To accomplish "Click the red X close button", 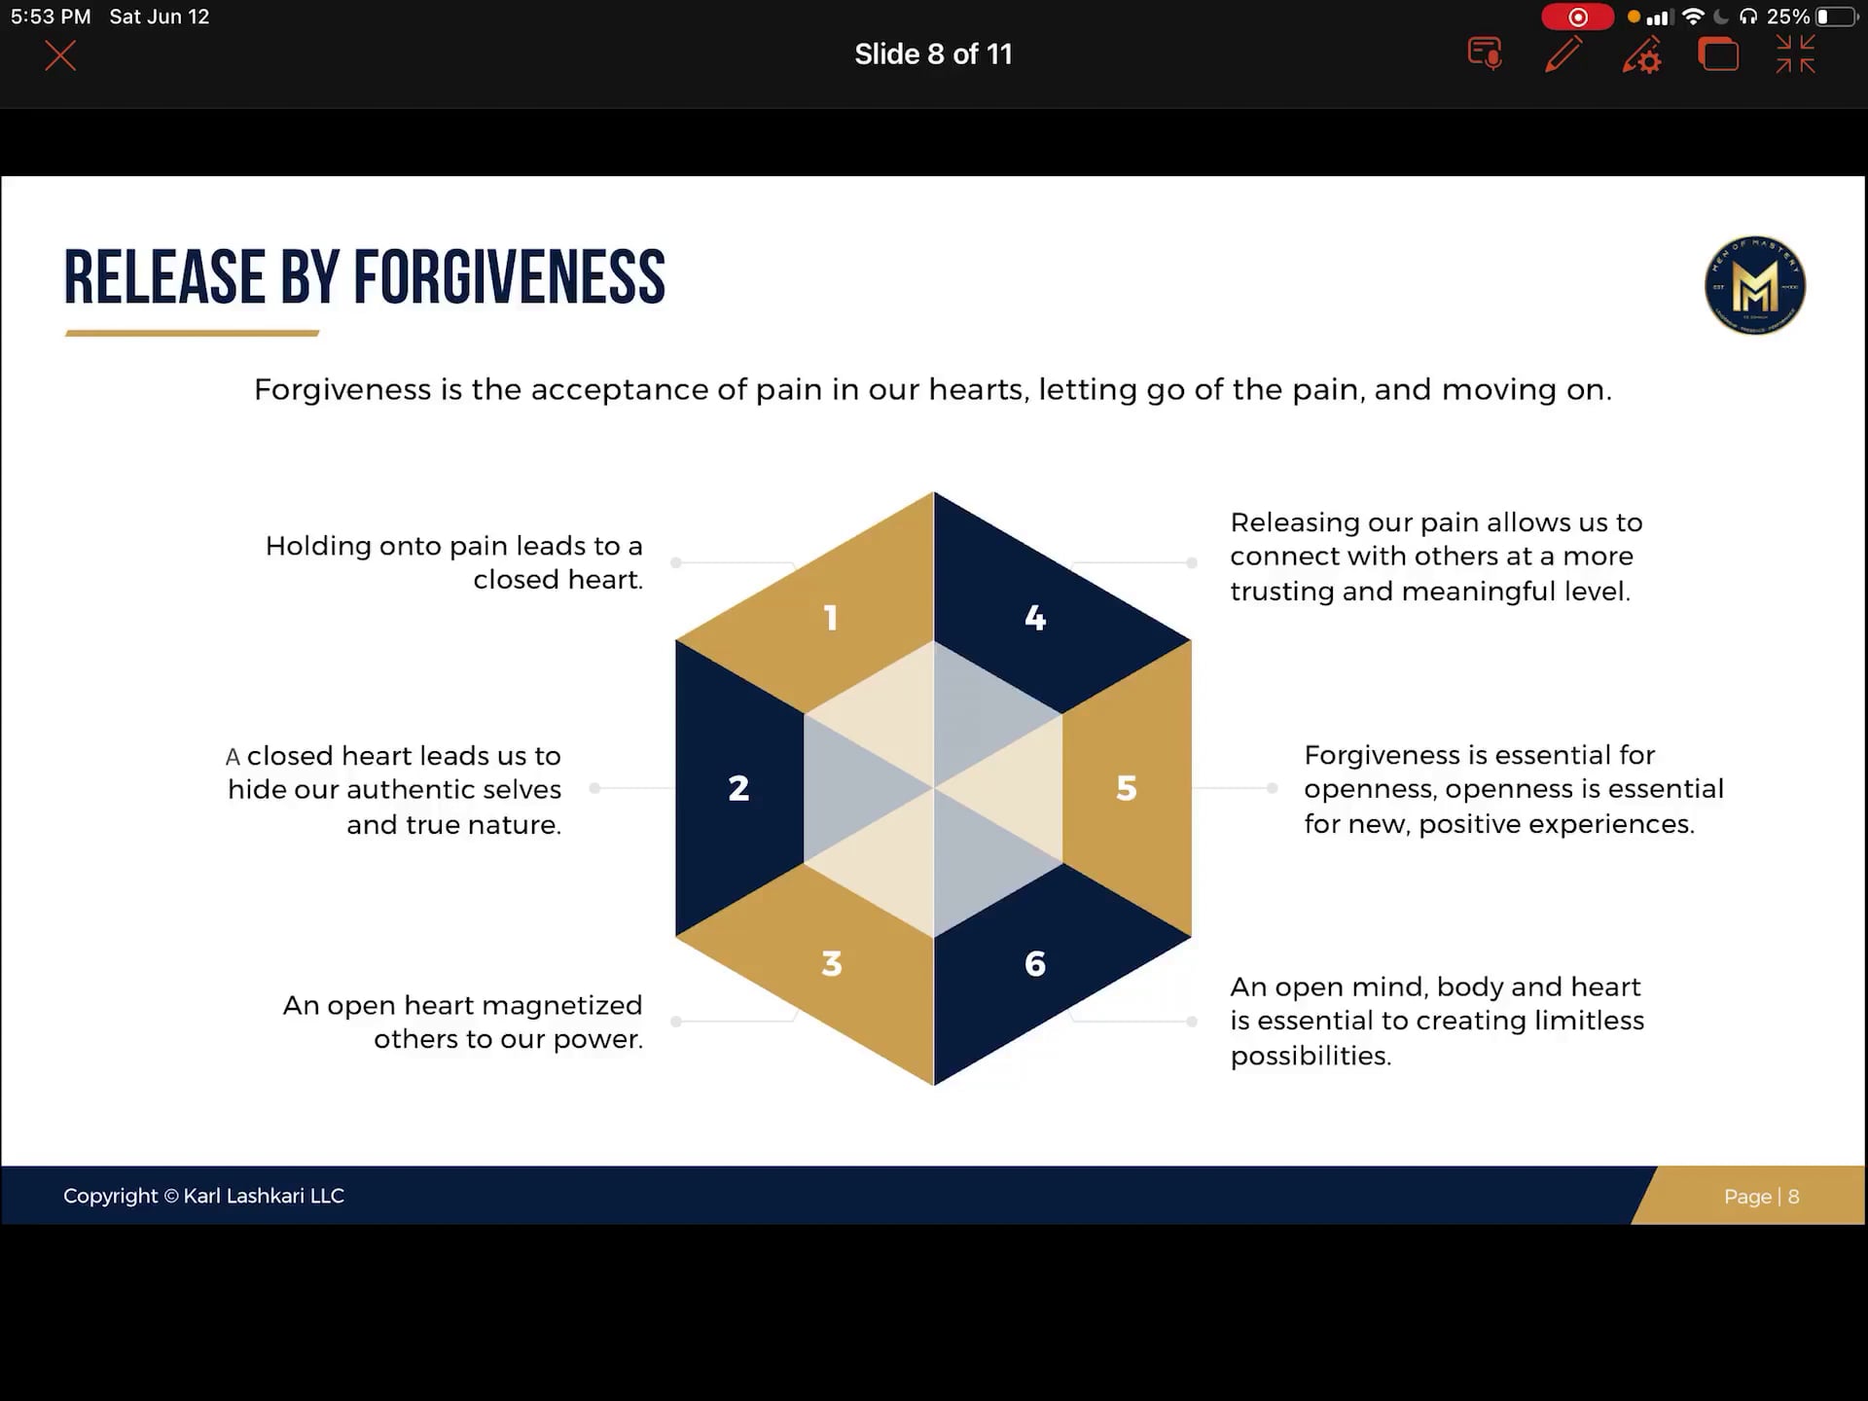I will click(x=60, y=55).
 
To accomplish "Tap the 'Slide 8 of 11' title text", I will click(x=933, y=54).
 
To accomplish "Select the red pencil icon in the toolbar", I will click(x=1563, y=54).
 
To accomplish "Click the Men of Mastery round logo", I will click(x=1755, y=286).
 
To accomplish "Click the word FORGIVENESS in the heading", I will click(x=509, y=277).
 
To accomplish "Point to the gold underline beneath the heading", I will click(x=192, y=333).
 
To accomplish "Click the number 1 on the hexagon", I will click(x=831, y=618).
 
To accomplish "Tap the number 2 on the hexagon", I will click(x=738, y=788).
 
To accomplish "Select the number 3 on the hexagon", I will click(x=831, y=963).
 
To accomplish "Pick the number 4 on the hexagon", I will click(x=1035, y=618).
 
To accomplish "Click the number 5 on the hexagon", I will click(x=1127, y=788).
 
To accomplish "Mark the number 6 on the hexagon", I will click(x=1035, y=963).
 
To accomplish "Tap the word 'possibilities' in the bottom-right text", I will click(x=1310, y=1056).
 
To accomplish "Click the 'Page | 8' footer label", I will click(x=1761, y=1197).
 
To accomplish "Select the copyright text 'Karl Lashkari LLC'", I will click(x=264, y=1196).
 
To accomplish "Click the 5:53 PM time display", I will click(x=51, y=17).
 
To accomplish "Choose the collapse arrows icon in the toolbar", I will click(x=1795, y=54).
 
